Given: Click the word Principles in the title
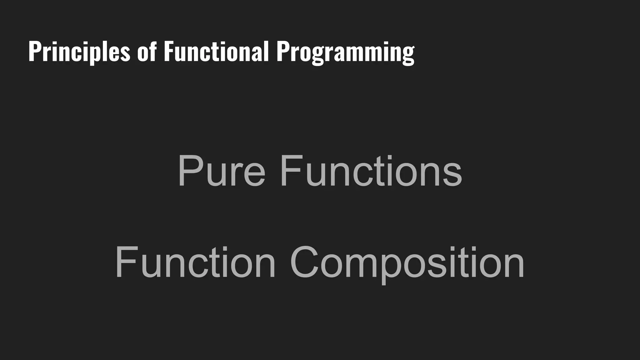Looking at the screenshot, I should (79, 52).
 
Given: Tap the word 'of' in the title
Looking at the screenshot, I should (147, 52).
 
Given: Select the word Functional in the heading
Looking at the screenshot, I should (216, 52).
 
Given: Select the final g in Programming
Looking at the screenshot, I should (408, 55).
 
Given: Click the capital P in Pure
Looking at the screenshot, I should (189, 171).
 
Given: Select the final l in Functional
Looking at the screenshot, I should (266, 51).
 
